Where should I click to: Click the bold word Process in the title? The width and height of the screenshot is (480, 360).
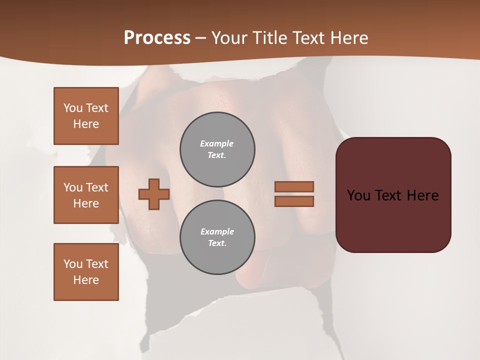click(157, 38)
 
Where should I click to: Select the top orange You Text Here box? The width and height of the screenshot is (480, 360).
click(86, 116)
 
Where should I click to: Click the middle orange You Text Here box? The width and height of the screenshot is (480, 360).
click(86, 195)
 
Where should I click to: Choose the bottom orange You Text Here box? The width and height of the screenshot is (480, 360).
click(86, 272)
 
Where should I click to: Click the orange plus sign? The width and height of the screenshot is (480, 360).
click(154, 194)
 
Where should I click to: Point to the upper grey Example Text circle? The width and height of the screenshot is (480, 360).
click(217, 149)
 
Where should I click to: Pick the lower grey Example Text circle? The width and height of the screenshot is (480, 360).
click(217, 237)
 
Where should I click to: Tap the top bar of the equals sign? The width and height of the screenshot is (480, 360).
click(294, 186)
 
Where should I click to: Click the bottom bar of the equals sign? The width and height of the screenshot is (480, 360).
click(294, 201)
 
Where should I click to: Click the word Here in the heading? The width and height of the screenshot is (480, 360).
click(349, 38)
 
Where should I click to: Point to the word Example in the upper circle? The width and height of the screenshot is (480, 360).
click(216, 143)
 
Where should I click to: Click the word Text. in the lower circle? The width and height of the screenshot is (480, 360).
click(217, 243)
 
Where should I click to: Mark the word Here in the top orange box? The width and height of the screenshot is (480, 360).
click(86, 124)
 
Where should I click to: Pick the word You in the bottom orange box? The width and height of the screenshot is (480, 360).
click(72, 264)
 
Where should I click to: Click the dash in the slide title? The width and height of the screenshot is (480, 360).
click(201, 38)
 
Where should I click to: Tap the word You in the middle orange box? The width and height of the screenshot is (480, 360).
click(72, 187)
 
